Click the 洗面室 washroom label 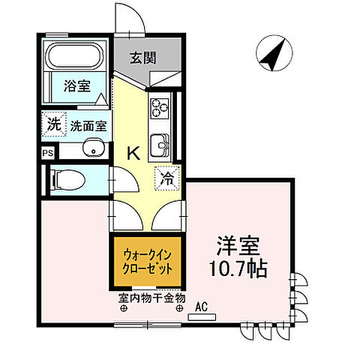pos(87,126)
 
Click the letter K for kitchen pos(133,153)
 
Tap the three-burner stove pos(160,109)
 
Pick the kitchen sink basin pos(160,143)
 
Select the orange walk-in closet pos(148,262)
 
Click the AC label pos(202,306)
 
